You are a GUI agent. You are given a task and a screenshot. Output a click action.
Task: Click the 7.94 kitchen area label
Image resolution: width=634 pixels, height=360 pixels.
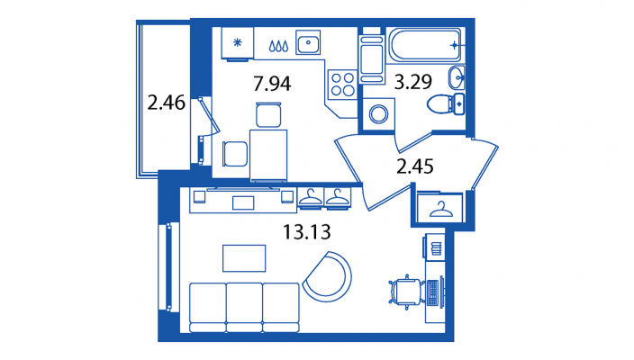pos(272,84)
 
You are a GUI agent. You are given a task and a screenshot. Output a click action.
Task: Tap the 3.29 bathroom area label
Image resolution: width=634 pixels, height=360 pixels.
pos(412,82)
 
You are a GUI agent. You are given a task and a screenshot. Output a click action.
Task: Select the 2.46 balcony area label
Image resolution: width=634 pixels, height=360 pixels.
pos(167,103)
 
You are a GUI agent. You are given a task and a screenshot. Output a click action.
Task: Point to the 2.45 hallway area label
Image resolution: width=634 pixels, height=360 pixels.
pos(415,166)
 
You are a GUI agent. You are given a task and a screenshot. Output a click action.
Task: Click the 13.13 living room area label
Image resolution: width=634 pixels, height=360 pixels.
pos(307,232)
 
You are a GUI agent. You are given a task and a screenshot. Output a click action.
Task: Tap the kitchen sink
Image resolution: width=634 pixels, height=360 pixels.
pos(308,42)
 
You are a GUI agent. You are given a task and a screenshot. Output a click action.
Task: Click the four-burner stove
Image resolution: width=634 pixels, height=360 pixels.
pos(342,84)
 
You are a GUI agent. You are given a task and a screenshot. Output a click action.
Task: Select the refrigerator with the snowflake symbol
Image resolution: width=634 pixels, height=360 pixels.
pos(238,43)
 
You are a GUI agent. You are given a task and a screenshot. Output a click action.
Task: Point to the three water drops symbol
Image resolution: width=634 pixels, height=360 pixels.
pos(279,46)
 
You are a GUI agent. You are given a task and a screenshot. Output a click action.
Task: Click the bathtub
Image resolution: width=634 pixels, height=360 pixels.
pos(425,45)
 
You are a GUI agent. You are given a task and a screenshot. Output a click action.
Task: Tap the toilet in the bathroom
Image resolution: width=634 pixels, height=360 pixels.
pos(446,103)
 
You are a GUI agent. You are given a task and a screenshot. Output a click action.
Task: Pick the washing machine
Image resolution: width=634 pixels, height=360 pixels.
pos(378,114)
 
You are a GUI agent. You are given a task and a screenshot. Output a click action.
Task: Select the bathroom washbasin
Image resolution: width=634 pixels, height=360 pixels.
pos(457,77)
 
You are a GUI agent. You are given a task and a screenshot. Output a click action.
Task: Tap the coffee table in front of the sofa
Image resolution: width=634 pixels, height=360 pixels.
pos(244,258)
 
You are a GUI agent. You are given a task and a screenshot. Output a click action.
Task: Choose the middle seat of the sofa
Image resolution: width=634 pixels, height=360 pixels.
pos(244,308)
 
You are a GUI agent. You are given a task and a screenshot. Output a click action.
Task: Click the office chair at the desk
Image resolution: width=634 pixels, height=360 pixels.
pos(407,292)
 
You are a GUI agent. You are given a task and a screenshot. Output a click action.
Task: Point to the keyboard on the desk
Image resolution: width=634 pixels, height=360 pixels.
pos(432,292)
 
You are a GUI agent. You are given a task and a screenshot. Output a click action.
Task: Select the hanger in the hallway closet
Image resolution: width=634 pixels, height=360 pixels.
pos(440,209)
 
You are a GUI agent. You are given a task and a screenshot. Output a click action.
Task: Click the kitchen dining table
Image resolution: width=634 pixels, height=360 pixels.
pos(268,155)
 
